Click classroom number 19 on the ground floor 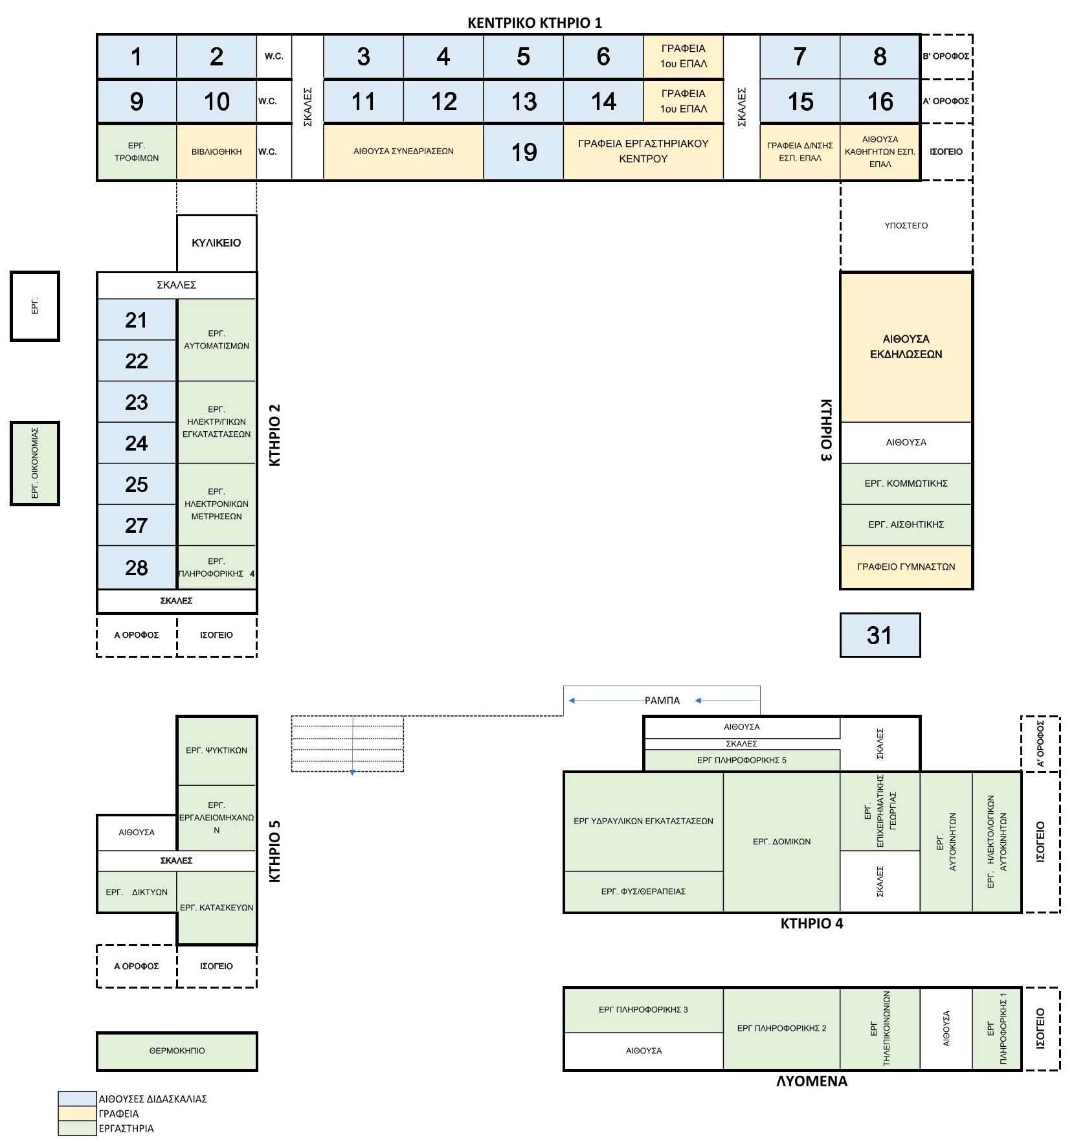pos(524,152)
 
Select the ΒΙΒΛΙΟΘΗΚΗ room pos(216,152)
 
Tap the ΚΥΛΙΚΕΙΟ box pos(216,243)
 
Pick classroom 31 pos(880,635)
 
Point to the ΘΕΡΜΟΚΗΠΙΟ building pos(177,1051)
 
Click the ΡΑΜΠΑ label pos(662,700)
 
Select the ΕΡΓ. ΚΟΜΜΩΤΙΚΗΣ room pos(906,484)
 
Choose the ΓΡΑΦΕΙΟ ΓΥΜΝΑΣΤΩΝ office pos(906,567)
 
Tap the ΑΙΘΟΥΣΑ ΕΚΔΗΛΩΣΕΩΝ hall pos(906,347)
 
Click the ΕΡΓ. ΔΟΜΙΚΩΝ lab pos(781,842)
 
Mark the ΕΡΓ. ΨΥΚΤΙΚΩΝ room pos(216,750)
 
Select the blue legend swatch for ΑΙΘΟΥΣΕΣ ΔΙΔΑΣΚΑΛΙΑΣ pos(77,1099)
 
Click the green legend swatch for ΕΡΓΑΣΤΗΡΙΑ pos(77,1128)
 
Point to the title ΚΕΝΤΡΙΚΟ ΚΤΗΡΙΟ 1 pos(535,23)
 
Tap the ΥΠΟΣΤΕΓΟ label pos(906,226)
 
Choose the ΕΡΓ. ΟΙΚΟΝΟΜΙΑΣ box pos(35,464)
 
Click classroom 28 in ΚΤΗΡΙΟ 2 pos(136,568)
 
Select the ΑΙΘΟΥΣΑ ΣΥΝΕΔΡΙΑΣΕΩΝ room pos(403,152)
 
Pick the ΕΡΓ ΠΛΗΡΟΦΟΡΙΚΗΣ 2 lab pos(781,1028)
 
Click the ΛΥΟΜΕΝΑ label pos(812,1081)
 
